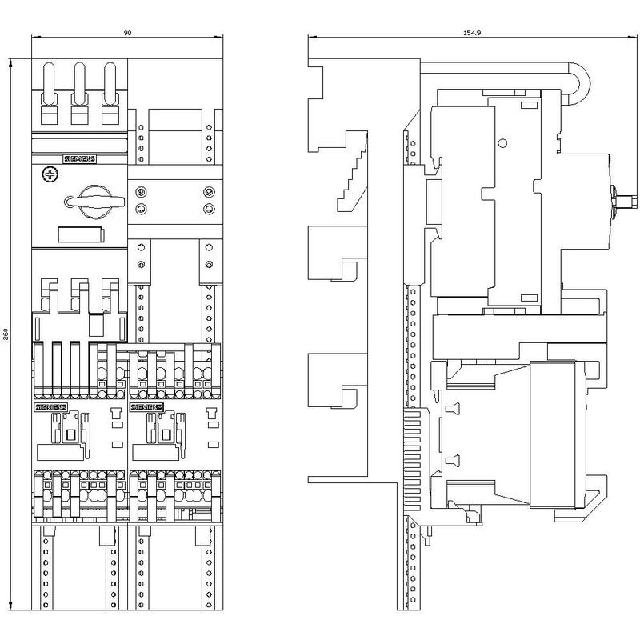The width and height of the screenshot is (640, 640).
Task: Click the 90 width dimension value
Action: coord(127,33)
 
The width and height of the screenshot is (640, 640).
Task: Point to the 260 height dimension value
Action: coord(6,334)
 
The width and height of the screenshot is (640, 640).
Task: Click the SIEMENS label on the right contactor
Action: coord(146,407)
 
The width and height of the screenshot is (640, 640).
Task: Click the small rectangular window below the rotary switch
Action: coord(80,234)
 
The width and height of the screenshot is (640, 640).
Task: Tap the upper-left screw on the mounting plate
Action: coord(141,191)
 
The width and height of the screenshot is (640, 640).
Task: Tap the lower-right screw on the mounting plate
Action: coord(209,210)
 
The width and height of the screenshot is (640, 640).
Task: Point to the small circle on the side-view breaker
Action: coord(502,143)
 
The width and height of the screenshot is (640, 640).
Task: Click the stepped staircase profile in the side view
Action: coord(352,172)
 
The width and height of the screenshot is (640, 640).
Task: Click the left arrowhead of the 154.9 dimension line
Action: coord(313,37)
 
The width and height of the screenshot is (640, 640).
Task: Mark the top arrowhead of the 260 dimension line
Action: coord(10,60)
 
